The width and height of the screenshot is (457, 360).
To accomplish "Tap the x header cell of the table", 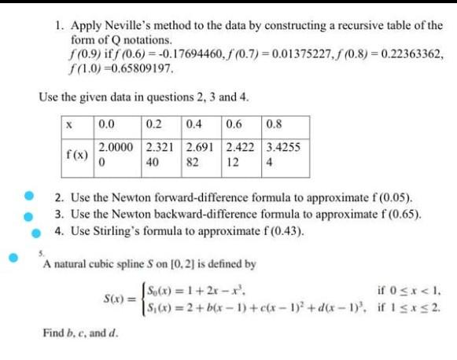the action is point(71,123).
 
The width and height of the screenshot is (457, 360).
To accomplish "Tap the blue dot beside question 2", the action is point(29,195).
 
